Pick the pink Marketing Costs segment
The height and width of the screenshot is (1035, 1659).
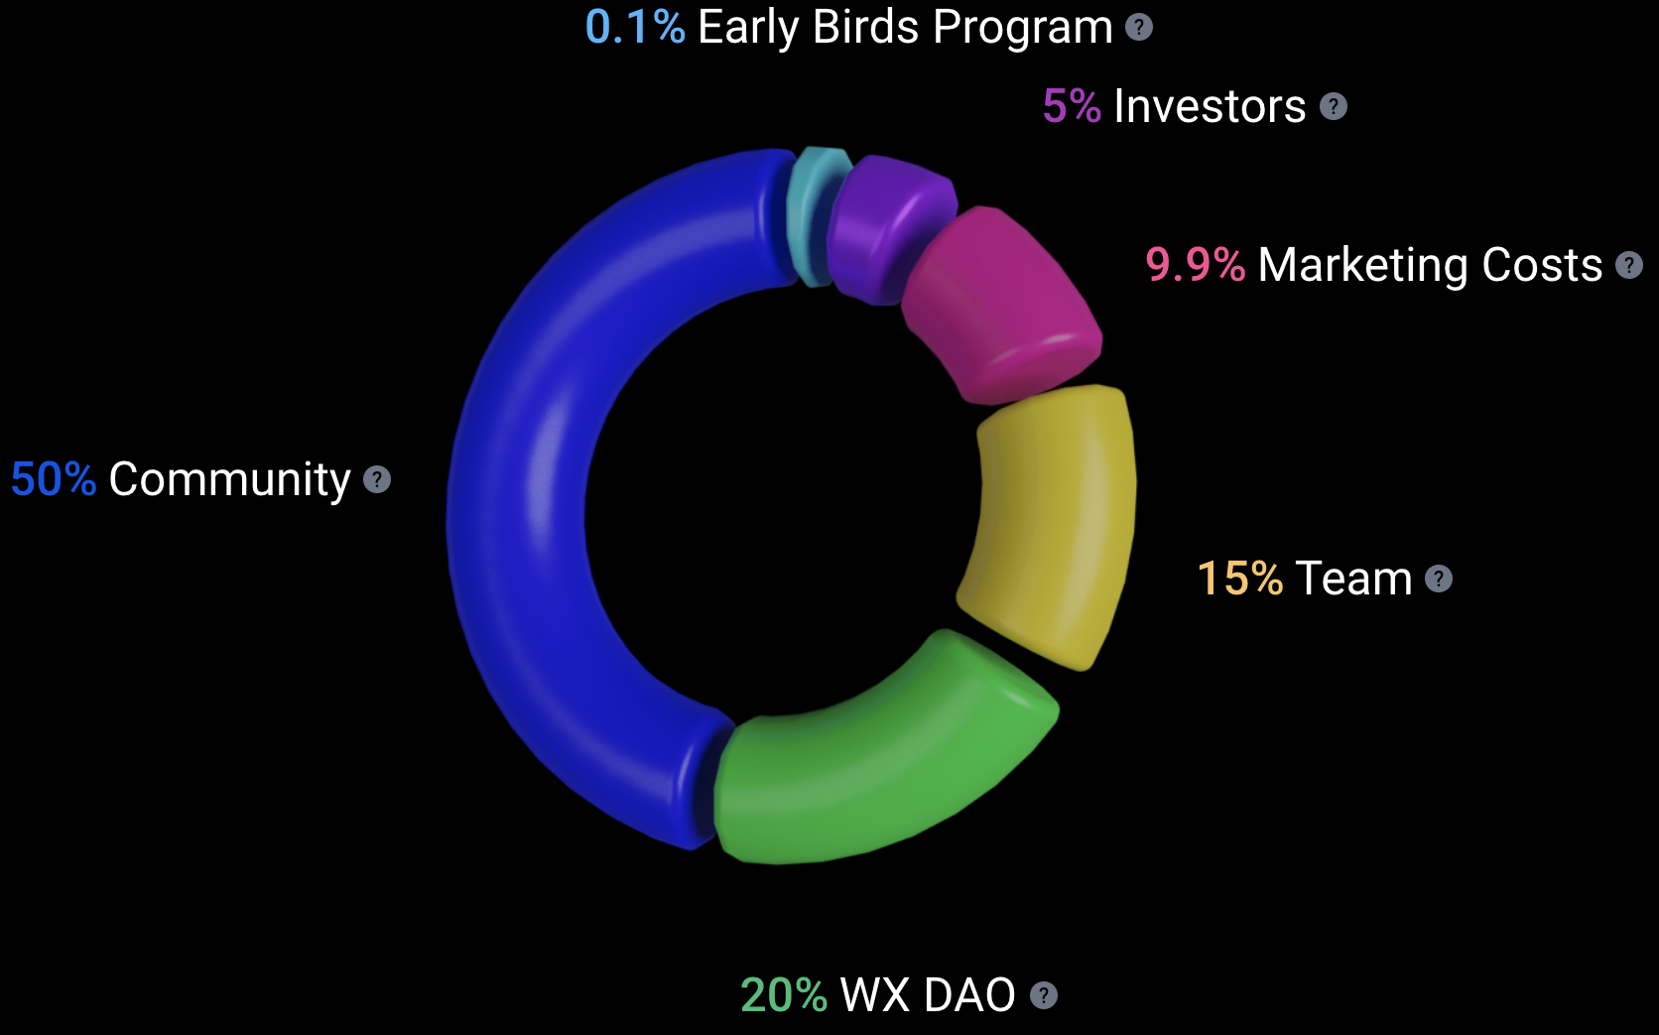point(1000,304)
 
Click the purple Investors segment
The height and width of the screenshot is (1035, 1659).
point(889,226)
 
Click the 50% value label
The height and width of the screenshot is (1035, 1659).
point(54,478)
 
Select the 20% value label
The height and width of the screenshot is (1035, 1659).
point(784,994)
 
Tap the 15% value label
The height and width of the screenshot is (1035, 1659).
point(1240,578)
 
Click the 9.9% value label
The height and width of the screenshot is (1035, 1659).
point(1196,265)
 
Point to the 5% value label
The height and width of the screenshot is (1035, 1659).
point(1072,106)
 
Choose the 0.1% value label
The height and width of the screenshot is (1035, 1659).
point(635,27)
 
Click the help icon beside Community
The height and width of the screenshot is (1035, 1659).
point(377,480)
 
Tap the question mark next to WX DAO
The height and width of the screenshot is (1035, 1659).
point(1044,995)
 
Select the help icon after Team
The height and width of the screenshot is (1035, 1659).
point(1439,579)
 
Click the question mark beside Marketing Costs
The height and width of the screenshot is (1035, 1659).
point(1629,265)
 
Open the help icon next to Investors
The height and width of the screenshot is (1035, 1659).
point(1334,107)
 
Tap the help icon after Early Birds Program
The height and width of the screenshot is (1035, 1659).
point(1139,28)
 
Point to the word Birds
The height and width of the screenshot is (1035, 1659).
point(866,27)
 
